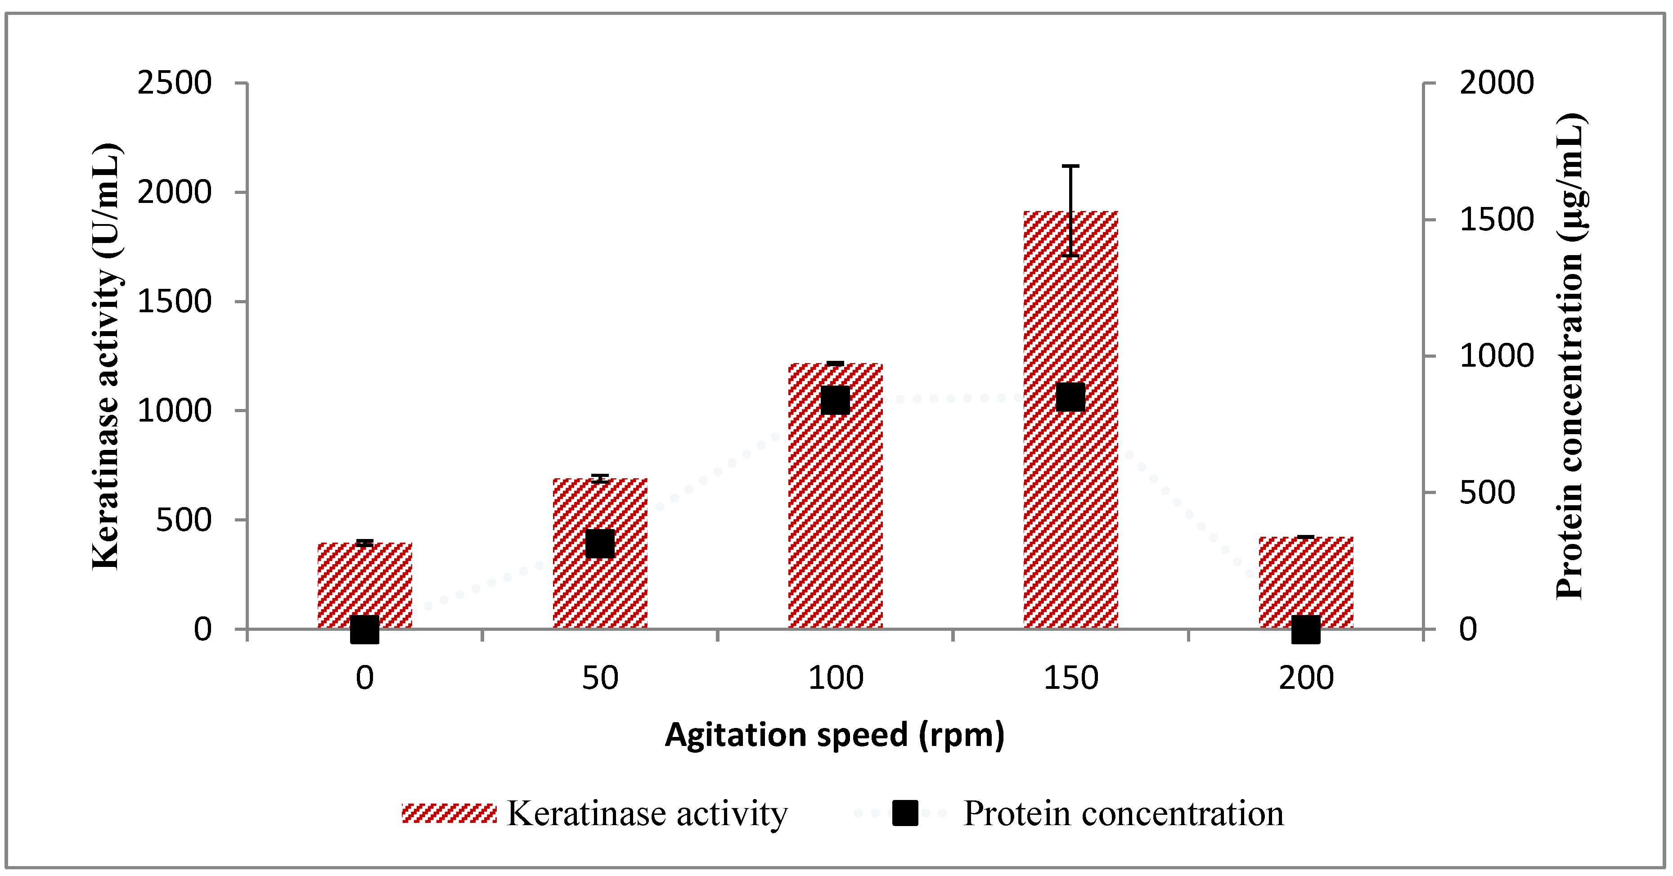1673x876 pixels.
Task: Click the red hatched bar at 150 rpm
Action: pos(1070,520)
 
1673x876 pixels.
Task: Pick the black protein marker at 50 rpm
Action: pos(599,544)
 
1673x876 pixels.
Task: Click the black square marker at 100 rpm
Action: pos(835,400)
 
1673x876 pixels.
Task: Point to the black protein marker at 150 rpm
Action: pos(1070,397)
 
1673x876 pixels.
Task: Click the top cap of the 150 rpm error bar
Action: pos(1070,166)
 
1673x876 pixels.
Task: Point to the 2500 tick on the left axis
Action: pos(174,83)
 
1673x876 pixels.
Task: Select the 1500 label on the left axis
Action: pos(174,301)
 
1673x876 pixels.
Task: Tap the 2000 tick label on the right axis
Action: pos(1496,83)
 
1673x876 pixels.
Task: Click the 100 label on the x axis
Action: pos(835,678)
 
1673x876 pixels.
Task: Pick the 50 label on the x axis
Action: pos(599,678)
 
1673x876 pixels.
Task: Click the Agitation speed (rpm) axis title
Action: pos(835,735)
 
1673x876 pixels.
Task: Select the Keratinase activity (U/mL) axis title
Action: pos(106,356)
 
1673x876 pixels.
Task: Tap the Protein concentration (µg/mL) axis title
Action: pos(1570,356)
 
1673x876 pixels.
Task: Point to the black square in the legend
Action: pos(905,813)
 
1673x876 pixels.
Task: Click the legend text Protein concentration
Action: pos(1123,813)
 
